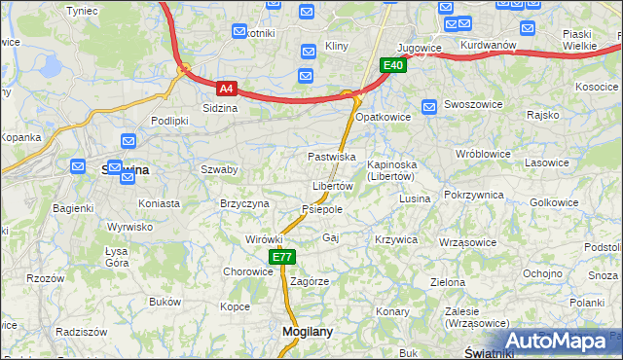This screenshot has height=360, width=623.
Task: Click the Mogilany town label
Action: click(x=307, y=331)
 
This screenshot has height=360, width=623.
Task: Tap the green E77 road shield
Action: click(x=281, y=257)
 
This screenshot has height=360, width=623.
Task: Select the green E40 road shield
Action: click(x=392, y=65)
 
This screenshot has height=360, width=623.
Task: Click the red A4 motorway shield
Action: click(x=226, y=88)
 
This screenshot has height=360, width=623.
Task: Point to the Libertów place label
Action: click(x=332, y=186)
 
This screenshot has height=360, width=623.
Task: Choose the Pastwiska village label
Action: click(x=331, y=157)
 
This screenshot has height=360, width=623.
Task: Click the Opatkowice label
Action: click(x=383, y=117)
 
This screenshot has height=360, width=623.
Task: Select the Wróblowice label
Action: click(x=483, y=154)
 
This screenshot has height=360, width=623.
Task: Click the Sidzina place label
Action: click(x=220, y=109)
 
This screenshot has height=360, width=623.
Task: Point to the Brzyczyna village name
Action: click(x=244, y=203)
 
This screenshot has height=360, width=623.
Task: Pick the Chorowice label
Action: click(x=248, y=271)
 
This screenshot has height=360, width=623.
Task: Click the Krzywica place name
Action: click(x=395, y=239)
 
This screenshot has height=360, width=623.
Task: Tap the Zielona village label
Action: click(x=448, y=282)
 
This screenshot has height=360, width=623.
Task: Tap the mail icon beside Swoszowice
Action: click(x=428, y=105)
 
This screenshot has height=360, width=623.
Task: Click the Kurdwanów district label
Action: click(x=488, y=46)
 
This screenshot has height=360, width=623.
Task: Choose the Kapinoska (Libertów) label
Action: click(x=392, y=171)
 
